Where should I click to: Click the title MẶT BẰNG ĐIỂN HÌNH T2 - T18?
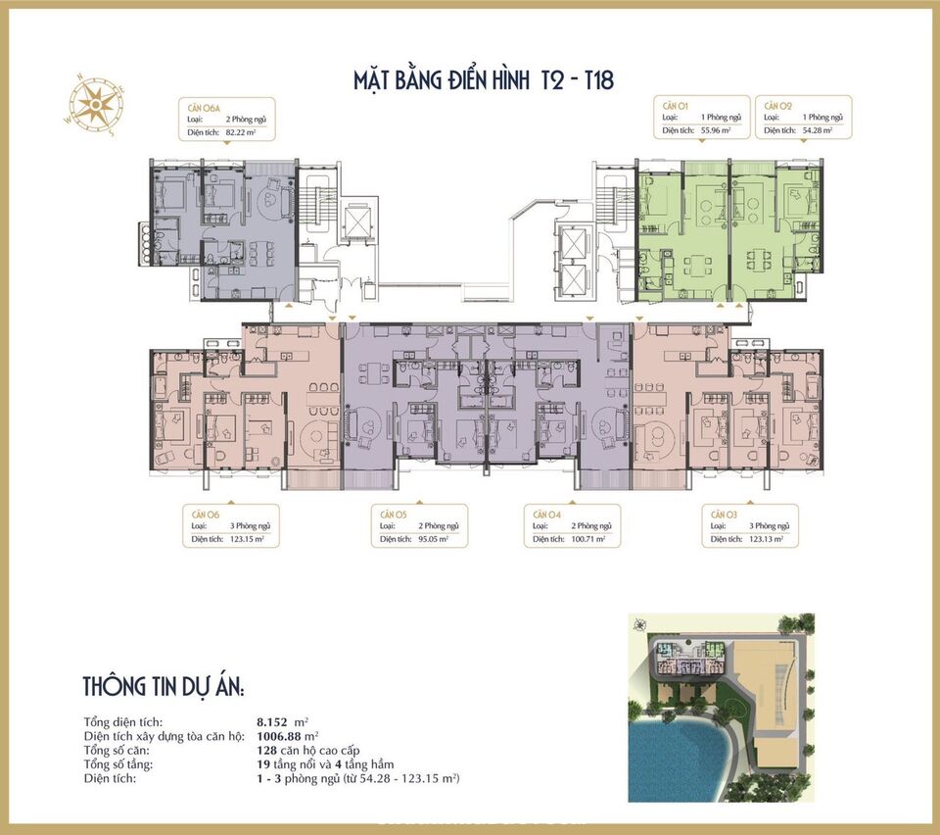[x=484, y=79]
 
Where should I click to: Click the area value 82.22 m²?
[x=245, y=130]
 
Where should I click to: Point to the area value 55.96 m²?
[x=719, y=130]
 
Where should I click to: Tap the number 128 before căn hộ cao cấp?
[x=255, y=750]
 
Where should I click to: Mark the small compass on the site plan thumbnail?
[x=640, y=625]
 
